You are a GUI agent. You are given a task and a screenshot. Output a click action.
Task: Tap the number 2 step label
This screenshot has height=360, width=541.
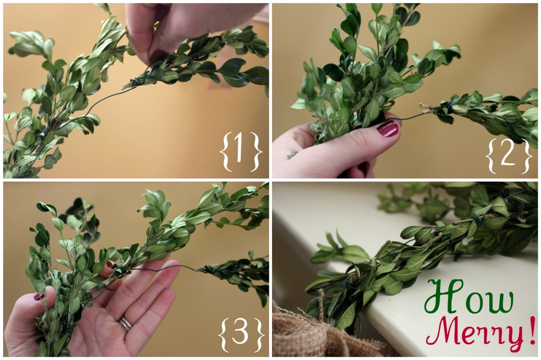pyautogui.click(x=507, y=155)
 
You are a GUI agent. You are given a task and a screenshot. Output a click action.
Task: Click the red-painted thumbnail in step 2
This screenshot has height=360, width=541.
pyautogui.click(x=388, y=128)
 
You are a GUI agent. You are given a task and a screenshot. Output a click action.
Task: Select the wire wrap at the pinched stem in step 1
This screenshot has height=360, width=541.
pyautogui.click(x=136, y=82)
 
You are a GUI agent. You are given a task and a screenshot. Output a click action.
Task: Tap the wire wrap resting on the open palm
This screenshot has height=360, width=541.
pyautogui.click(x=120, y=271)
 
